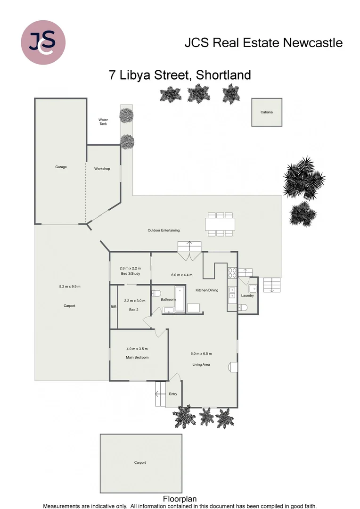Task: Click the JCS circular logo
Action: [x=43, y=42]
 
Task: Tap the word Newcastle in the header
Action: [x=313, y=43]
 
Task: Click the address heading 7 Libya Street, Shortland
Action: [x=180, y=75]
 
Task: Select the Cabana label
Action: [x=266, y=112]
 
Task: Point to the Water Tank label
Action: [x=103, y=122]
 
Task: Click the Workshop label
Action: [x=102, y=169]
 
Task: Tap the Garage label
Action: [x=61, y=167]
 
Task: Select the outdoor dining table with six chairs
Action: [x=220, y=224]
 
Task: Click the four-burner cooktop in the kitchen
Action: [x=232, y=273]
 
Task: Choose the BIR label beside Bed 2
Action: [x=113, y=307]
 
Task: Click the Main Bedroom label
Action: [x=137, y=357]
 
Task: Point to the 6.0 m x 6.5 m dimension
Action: [x=201, y=353]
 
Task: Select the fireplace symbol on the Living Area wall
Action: [x=233, y=367]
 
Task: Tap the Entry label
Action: [x=173, y=394]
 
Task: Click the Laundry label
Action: [x=247, y=296]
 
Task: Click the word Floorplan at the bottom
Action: [x=180, y=499]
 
